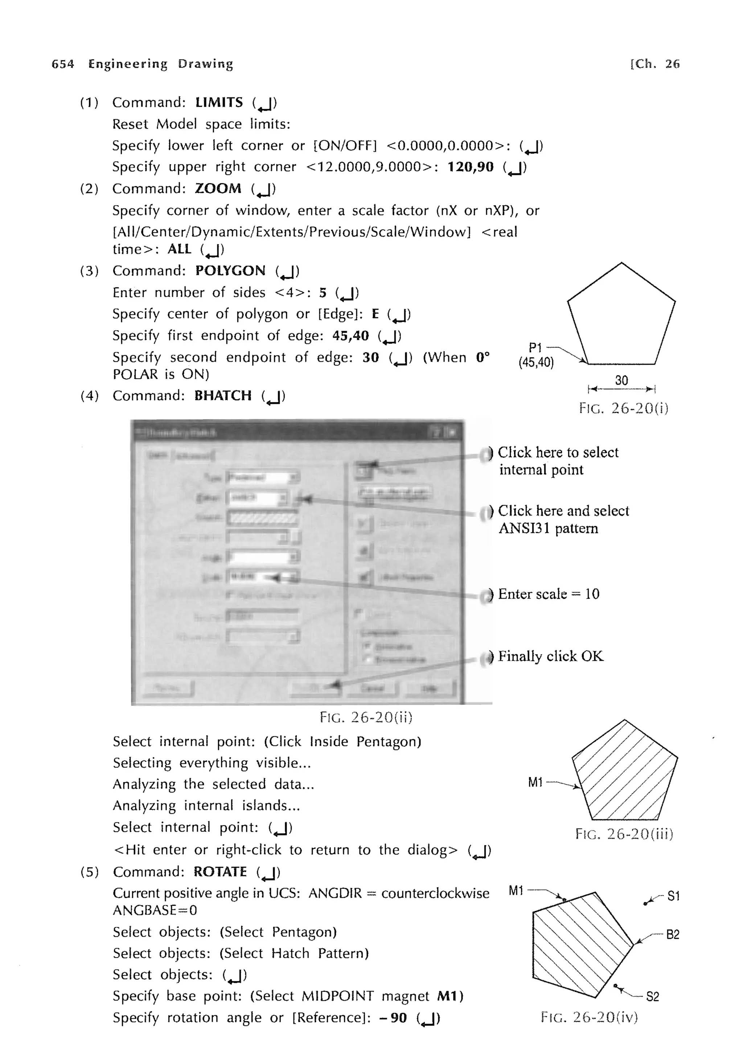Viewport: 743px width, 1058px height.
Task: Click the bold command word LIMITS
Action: coord(219,102)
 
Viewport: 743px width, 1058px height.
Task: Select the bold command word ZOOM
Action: coord(218,188)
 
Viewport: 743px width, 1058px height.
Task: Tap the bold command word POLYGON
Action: coord(230,270)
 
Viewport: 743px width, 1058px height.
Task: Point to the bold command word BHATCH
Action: coord(223,395)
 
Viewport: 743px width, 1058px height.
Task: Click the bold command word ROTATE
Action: coord(220,871)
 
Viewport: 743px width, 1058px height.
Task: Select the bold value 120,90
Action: coord(470,167)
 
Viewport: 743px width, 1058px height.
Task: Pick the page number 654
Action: coord(63,64)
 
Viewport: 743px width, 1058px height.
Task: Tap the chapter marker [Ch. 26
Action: coord(654,64)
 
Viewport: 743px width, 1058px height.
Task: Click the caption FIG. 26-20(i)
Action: coord(623,408)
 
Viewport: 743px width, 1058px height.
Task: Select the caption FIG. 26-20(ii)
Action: coord(366,717)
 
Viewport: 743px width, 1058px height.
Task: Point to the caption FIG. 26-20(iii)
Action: coord(624,834)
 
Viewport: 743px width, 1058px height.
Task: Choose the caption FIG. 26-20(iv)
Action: coord(589,1017)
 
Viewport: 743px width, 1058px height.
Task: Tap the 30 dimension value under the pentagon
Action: coord(621,380)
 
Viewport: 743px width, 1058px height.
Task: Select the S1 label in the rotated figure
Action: coord(673,896)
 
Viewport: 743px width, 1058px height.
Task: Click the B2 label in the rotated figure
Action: coord(673,935)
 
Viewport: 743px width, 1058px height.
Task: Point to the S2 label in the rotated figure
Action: coord(652,997)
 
